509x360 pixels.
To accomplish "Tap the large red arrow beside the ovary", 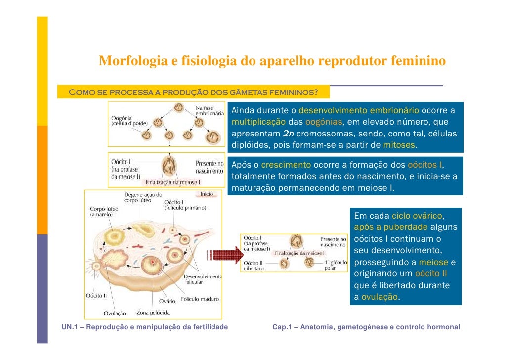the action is pyautogui.click(x=222, y=255).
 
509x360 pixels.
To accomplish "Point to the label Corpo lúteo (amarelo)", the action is pyautogui.click(x=104, y=212).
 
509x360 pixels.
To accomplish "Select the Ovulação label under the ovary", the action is pyautogui.click(x=115, y=313).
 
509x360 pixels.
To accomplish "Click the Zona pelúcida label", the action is pyautogui.click(x=153, y=313).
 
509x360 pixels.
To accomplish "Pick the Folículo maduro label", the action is pyautogui.click(x=200, y=299).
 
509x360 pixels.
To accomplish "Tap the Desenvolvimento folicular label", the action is pyautogui.click(x=203, y=279).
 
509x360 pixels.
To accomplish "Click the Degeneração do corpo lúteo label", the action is pyautogui.click(x=143, y=198).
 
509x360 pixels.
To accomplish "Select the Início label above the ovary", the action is pyautogui.click(x=207, y=194).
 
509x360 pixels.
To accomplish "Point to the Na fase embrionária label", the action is pyautogui.click(x=210, y=110).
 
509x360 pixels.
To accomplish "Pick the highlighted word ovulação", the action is pyautogui.click(x=380, y=297).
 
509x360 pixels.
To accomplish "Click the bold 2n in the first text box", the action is pyautogui.click(x=289, y=134).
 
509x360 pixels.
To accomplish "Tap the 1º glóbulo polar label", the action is pyautogui.click(x=336, y=266).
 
